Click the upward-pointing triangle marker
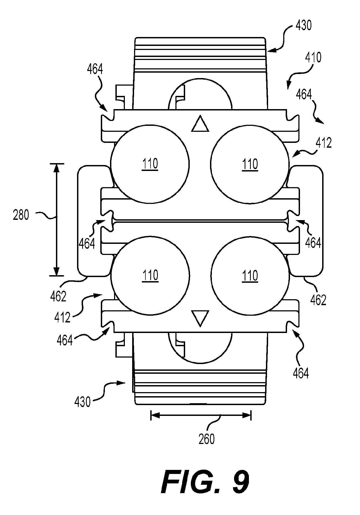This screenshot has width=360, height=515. pyautogui.click(x=200, y=124)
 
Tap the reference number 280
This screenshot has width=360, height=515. pyautogui.click(x=21, y=216)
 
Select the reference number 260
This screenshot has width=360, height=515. pyautogui.click(x=206, y=439)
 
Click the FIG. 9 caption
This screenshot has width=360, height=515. pyautogui.click(x=205, y=482)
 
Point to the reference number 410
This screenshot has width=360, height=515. pyautogui.click(x=313, y=58)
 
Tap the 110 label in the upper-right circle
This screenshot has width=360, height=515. pyautogui.click(x=250, y=164)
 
